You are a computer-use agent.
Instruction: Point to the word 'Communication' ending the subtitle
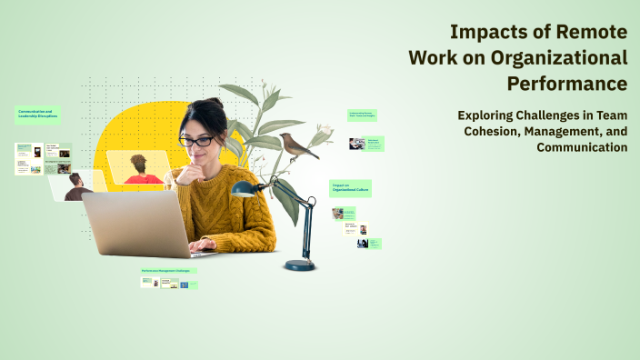coord(582,146)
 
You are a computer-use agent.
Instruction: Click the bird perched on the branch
coord(297,145)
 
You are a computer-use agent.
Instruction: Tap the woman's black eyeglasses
coord(196,141)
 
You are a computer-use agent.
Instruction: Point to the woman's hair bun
coord(214,104)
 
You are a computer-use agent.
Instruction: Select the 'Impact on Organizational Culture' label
coord(350,188)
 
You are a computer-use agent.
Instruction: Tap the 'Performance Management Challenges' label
coord(169,270)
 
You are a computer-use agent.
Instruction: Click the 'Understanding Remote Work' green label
coord(362,115)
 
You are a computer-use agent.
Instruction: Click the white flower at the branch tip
coord(321,136)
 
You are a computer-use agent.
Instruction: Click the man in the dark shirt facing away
coord(77,186)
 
